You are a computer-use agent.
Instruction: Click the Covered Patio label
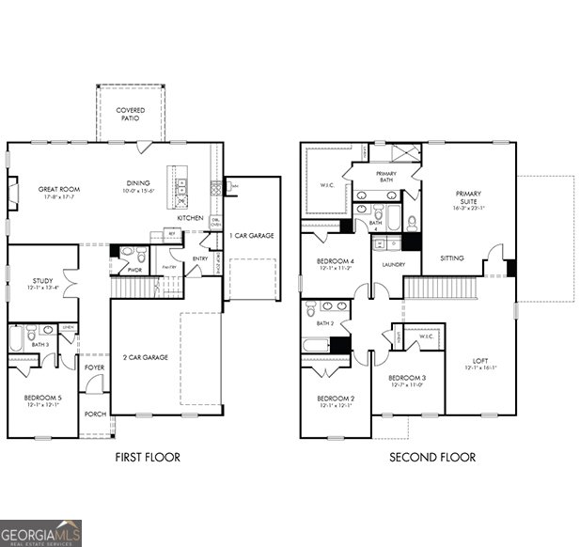coord(131,115)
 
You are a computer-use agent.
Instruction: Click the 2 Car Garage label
coord(146,357)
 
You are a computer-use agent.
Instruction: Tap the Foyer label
coord(94,367)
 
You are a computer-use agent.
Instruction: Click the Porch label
coord(94,414)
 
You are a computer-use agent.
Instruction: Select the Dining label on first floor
coord(138,183)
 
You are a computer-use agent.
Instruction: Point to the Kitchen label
coord(190,218)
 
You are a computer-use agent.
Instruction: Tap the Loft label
coord(480,360)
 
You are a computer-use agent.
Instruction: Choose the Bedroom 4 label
coord(335,263)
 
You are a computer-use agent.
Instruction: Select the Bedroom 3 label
coord(406,381)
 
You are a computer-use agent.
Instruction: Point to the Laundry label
coord(393,265)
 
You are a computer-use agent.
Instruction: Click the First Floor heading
coord(148,458)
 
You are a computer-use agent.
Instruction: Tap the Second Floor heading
coord(432,458)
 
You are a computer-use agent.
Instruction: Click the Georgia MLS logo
coord(40,533)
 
